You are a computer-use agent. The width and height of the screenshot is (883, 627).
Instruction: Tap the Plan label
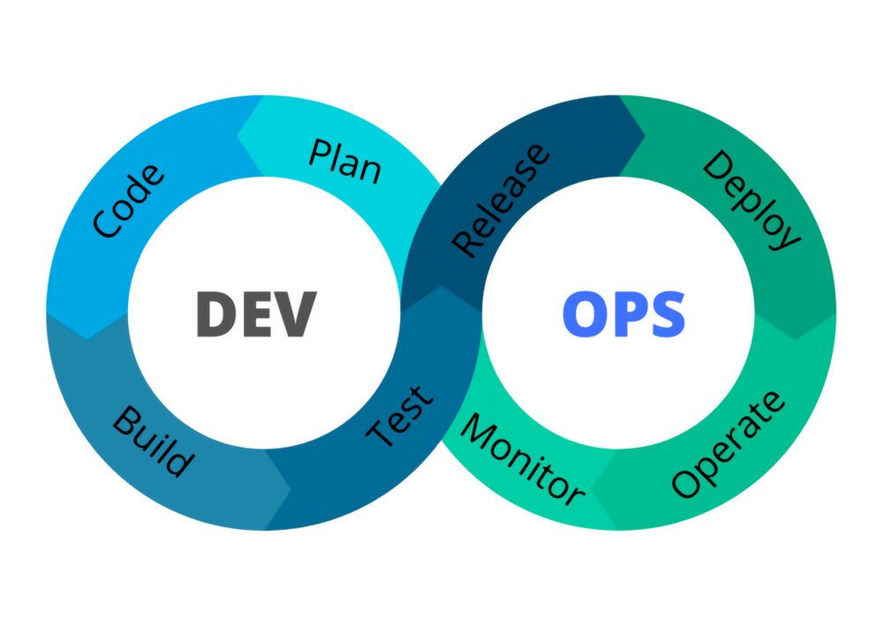coord(345,159)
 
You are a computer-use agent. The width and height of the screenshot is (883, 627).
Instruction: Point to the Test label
coord(402,415)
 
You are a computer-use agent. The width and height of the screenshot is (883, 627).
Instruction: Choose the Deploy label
coord(751,200)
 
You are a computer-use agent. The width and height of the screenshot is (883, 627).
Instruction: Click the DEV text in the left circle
coord(255,314)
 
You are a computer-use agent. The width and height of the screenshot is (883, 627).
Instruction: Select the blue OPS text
coord(624,314)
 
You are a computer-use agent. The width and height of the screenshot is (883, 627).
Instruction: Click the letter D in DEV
coord(215,314)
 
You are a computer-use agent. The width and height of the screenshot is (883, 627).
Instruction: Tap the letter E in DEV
coord(256,314)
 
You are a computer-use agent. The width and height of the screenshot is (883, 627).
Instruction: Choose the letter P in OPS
coord(627,314)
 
